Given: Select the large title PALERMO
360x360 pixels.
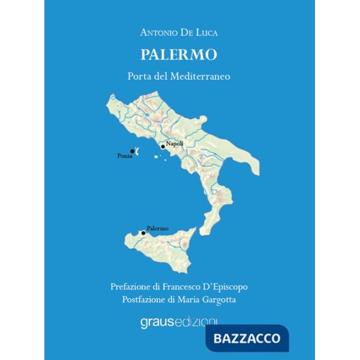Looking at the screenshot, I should pyautogui.click(x=179, y=55).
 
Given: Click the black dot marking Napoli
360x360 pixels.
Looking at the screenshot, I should pyautogui.click(x=163, y=146).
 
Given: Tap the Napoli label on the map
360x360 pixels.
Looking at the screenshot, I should pyautogui.click(x=175, y=143).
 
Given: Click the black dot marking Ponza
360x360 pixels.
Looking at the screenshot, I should pyautogui.click(x=132, y=151).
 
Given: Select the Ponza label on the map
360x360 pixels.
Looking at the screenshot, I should pyautogui.click(x=125, y=157).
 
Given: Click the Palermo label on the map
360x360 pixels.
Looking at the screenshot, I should pyautogui.click(x=158, y=229).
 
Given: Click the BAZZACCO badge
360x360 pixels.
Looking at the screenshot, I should pyautogui.click(x=247, y=338).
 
